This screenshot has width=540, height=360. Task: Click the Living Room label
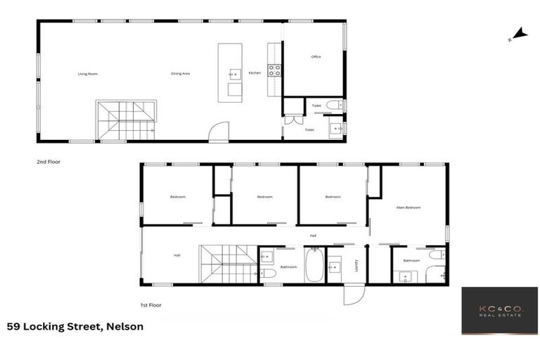pyautogui.click(x=87, y=74)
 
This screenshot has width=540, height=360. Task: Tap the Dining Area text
pyautogui.click(x=181, y=74)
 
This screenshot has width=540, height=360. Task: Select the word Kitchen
pyautogui.click(x=255, y=73)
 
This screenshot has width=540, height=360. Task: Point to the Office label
pyautogui.click(x=316, y=57)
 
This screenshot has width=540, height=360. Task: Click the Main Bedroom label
pyautogui.click(x=408, y=207)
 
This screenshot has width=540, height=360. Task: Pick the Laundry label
pyautogui.click(x=356, y=265)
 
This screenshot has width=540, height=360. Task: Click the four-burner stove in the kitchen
pyautogui.click(x=274, y=70)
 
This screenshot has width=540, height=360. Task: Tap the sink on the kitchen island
pyautogui.click(x=233, y=72)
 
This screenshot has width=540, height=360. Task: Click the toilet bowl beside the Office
pyautogui.click(x=334, y=105)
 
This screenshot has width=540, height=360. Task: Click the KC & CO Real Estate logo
pyautogui.click(x=499, y=310)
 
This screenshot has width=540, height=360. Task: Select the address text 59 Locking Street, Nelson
pyautogui.click(x=75, y=326)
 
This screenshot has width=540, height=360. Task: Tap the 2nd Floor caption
pyautogui.click(x=49, y=162)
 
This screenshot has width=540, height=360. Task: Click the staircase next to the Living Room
pyautogui.click(x=126, y=120)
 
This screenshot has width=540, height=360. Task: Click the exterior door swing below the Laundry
pyautogui.click(x=354, y=295)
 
